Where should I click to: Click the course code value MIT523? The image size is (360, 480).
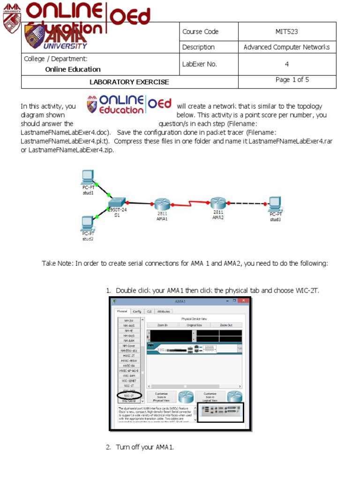coord(286,32)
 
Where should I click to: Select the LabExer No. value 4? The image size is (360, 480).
coord(286,64)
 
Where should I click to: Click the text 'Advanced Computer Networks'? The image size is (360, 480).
coord(286,47)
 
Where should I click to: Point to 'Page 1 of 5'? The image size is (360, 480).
coord(292,80)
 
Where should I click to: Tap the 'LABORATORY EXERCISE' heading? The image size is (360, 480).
coord(129,82)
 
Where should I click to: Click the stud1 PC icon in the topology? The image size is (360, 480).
coord(87,177)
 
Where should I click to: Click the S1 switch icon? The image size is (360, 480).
coord(116,202)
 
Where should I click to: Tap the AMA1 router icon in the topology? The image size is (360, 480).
coord(162,204)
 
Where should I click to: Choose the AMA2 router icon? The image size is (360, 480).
coord(218,203)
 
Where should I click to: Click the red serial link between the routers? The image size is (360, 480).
coord(190,204)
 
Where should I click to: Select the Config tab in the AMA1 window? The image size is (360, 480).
coord(137,311)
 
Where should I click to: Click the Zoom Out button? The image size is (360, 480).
coord(226,325)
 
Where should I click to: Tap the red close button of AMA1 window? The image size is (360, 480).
coord(243,301)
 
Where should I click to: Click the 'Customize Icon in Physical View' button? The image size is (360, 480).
coord(162,397)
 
